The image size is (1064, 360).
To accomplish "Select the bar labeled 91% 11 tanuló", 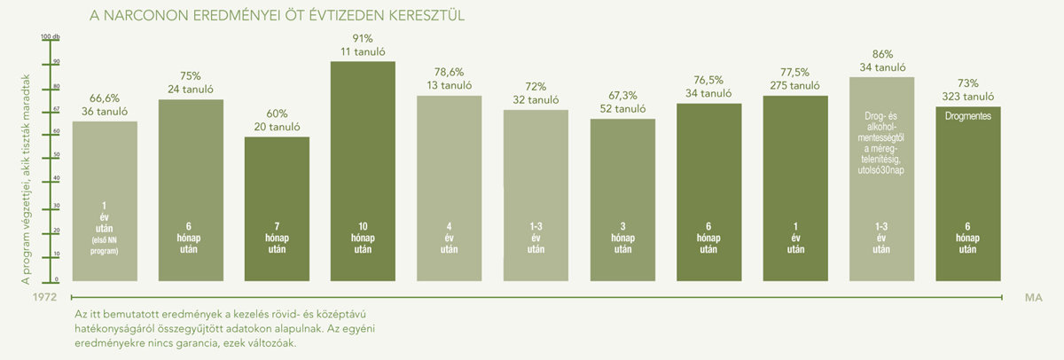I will [x=363, y=168].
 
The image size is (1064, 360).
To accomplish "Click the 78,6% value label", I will [x=449, y=71].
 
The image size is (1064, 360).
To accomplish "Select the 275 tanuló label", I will [x=794, y=86].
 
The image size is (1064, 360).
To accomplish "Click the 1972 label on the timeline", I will [x=34, y=299].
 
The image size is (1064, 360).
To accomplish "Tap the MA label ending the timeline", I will [x=1033, y=299].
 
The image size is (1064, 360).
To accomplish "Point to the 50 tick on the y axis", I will [x=55, y=154].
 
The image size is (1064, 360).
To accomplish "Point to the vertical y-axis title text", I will [x=27, y=177].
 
